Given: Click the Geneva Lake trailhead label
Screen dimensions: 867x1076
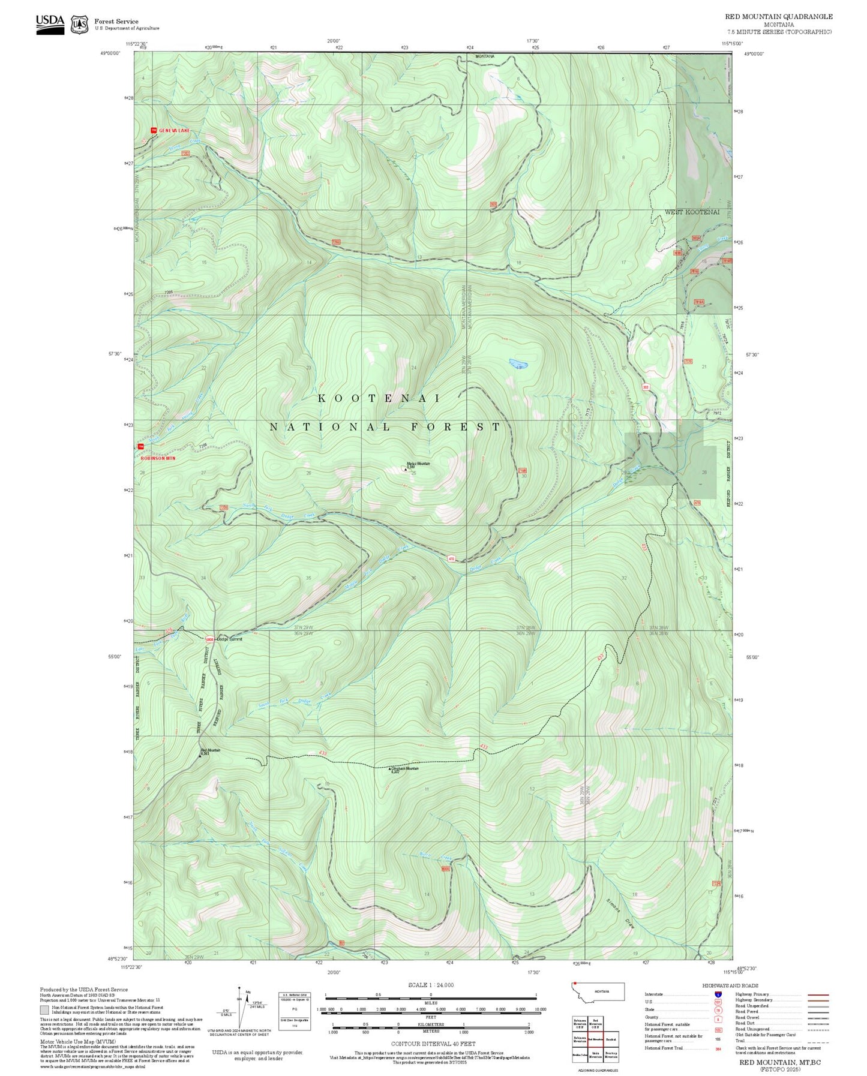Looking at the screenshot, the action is coord(173,130).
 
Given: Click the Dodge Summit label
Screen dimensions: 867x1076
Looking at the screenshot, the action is coord(229,639).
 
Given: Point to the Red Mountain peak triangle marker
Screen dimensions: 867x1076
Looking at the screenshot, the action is coord(200,756).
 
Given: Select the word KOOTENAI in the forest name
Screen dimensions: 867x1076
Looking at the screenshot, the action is coord(379,398).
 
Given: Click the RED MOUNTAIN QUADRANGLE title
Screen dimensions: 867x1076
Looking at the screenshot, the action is coord(778,17).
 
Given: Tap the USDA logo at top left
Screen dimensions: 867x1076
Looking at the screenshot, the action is coord(49,22).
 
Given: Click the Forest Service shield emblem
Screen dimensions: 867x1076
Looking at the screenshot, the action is coord(79,25).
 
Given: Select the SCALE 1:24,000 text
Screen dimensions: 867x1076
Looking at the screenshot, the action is coord(430,985).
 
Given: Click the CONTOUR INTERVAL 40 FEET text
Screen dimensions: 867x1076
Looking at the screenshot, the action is coord(433,1044).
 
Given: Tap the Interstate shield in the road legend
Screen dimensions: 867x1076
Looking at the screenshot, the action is coord(718,994).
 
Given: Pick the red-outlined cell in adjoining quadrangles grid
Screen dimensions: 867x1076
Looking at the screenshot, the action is coord(595,1039).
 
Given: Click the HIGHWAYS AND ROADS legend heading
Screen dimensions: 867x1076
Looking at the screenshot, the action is coord(730,985).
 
